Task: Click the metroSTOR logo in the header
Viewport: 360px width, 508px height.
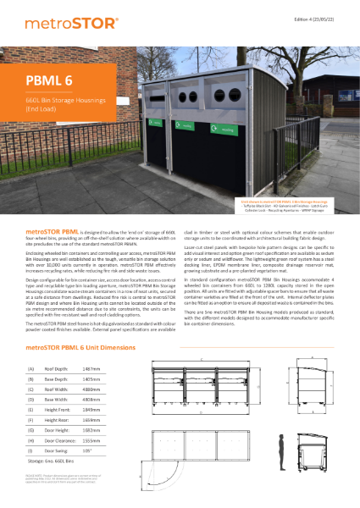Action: [64, 19]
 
